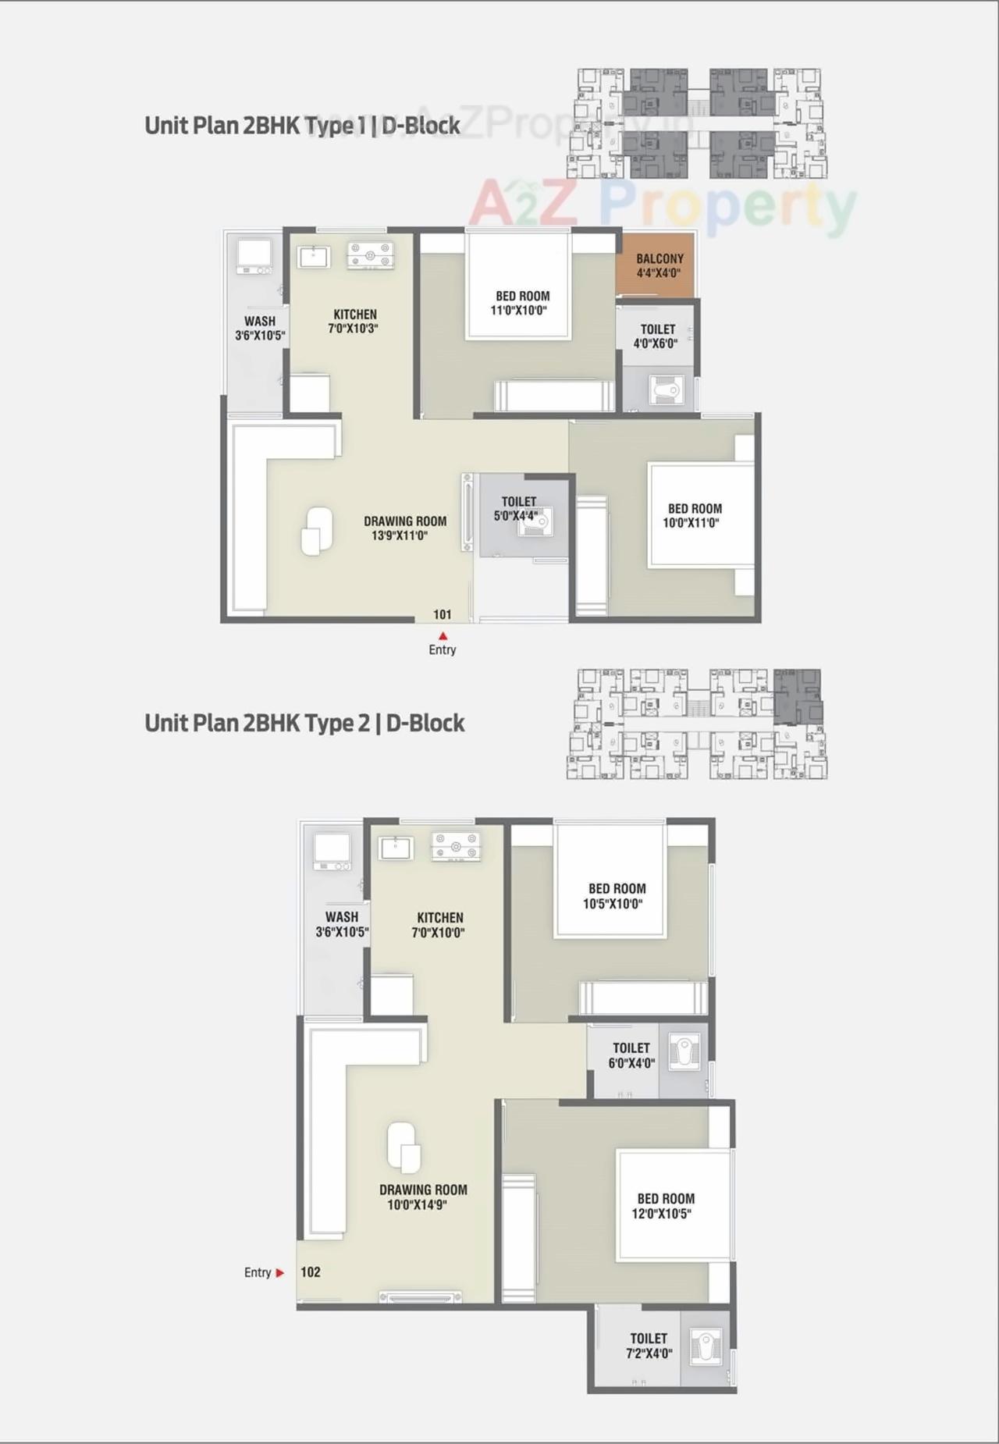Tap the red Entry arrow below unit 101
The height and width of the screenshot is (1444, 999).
coord(443,636)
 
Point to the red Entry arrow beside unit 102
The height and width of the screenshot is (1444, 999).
coord(280,1272)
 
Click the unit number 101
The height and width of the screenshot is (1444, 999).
coord(443,615)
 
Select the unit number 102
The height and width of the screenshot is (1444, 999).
coord(311,1272)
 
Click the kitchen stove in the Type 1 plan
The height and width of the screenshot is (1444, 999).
coord(370,255)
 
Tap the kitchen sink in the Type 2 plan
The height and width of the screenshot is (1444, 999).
coord(396,848)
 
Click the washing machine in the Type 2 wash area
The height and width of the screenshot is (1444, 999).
coord(332,851)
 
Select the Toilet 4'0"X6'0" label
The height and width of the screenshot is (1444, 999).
coord(656,336)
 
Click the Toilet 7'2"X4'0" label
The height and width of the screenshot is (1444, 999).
coord(649,1346)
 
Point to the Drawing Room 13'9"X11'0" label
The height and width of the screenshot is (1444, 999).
coord(404,528)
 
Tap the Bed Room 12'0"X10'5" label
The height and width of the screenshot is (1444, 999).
coord(664,1206)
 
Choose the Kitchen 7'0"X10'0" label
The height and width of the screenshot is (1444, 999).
coord(439,925)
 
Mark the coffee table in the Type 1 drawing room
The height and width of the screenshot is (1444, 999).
coord(316,531)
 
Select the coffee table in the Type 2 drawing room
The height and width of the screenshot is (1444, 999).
coord(404,1147)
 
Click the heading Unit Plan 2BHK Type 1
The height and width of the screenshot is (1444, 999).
coord(302,126)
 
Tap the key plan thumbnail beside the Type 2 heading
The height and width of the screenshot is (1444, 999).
coord(697,724)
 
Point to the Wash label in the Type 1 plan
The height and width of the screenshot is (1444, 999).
coord(260,328)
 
